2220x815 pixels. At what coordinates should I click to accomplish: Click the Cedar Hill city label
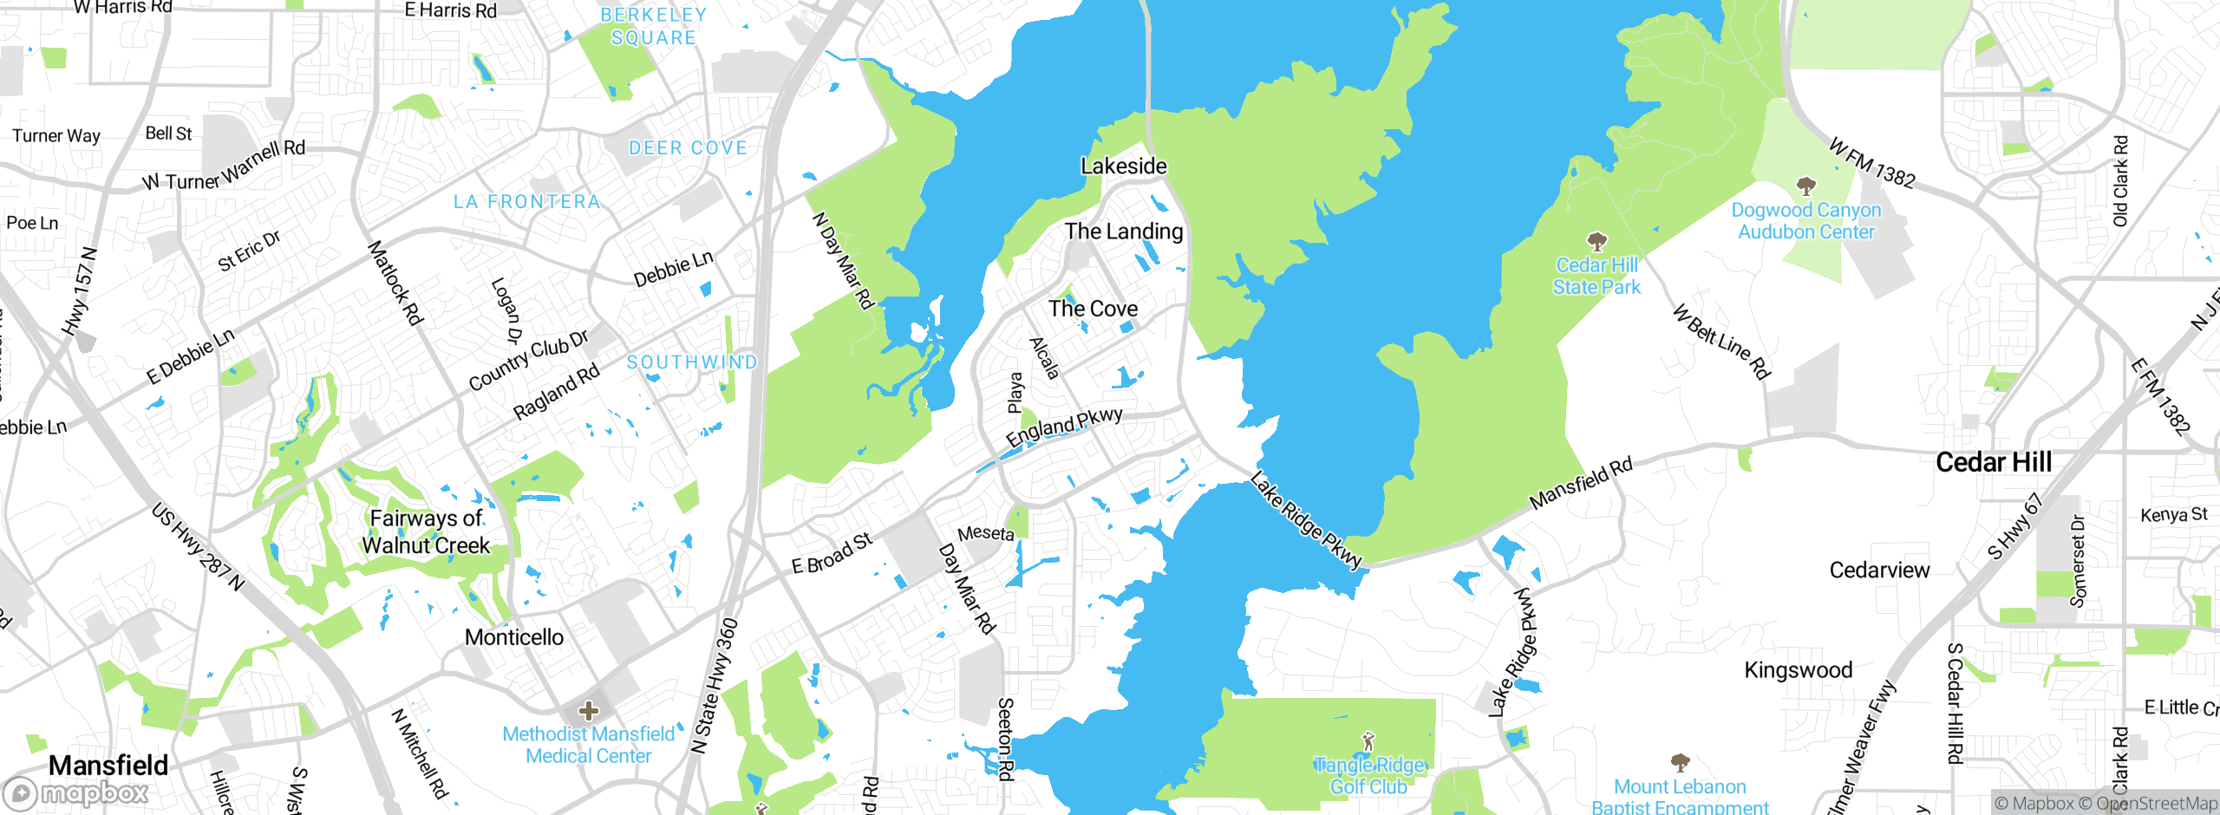tap(1994, 462)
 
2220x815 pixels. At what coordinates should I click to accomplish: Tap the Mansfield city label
tap(108, 765)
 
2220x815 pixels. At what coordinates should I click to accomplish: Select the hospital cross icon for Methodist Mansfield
tap(589, 711)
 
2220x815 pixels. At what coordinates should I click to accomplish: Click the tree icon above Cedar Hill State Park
tap(1596, 240)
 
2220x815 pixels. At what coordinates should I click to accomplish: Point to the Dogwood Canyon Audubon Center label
tap(1805, 221)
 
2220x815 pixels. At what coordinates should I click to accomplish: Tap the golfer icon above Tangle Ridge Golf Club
tap(1368, 741)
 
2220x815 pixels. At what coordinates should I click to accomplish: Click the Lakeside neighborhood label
tap(1123, 166)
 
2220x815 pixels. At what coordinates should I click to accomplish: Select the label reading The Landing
tap(1124, 231)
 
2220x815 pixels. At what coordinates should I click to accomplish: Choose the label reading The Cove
tap(1093, 309)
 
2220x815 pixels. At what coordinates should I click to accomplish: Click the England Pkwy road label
tap(1064, 427)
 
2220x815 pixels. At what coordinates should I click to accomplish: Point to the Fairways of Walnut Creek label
tap(426, 531)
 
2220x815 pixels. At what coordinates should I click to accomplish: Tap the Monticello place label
tap(514, 637)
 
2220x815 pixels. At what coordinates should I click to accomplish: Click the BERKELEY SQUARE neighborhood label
tap(654, 26)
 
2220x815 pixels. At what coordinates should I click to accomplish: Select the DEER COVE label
tap(688, 148)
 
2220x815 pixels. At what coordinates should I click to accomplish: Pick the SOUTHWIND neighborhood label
tap(692, 362)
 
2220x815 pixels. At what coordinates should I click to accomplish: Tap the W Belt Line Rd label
tap(1720, 341)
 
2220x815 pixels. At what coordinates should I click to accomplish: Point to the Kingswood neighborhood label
tap(1798, 670)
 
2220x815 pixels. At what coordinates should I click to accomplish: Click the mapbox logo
tap(76, 793)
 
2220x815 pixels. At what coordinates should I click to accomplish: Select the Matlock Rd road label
tap(395, 283)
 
